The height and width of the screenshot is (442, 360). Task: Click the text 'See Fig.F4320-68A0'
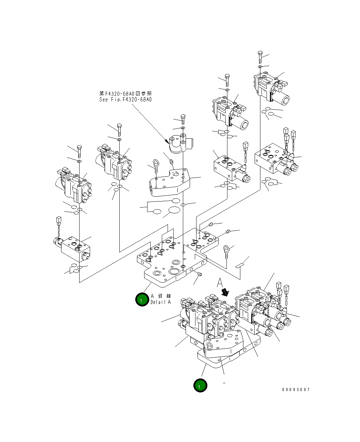pos(125,100)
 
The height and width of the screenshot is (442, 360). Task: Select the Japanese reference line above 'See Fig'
pos(125,93)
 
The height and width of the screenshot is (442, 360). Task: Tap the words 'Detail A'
pos(160,302)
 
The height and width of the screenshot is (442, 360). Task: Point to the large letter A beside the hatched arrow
pos(220,282)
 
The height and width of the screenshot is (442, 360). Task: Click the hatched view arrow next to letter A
pos(224,292)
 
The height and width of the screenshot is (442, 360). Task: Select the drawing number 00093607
pos(295,390)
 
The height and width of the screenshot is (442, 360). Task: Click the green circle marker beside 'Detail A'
pos(142,299)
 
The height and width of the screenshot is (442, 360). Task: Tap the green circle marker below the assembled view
pos(200,386)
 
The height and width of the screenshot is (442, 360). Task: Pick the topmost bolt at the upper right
pos(260,56)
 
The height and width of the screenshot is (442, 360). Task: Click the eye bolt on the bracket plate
pos(155,165)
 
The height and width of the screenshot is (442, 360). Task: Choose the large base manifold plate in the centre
pos(172,258)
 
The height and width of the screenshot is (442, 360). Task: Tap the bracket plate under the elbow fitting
pos(169,183)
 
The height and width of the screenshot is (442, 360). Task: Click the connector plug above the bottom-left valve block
pos(58,223)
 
